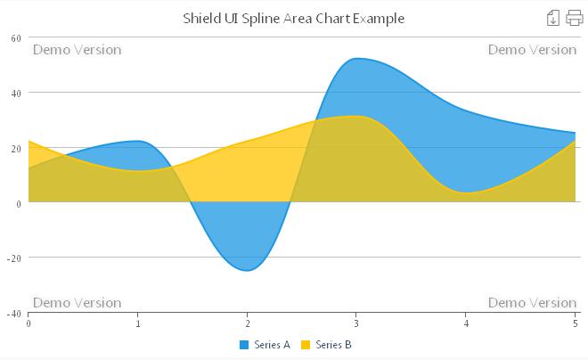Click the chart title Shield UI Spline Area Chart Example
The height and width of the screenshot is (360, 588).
point(293,18)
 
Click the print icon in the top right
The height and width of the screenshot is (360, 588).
point(574,18)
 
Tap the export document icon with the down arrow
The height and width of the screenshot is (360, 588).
point(553,18)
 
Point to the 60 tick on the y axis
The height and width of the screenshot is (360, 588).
point(16,37)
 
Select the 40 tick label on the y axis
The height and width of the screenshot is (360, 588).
point(16,93)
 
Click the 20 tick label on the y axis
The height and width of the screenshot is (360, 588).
point(16,148)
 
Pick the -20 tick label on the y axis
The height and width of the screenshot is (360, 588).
point(14,258)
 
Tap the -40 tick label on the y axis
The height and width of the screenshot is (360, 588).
point(14,314)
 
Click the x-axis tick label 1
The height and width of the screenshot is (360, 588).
point(138,323)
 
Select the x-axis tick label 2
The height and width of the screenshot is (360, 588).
point(248,323)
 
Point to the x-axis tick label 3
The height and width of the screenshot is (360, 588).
point(356,323)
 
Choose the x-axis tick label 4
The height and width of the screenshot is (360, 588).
point(466,323)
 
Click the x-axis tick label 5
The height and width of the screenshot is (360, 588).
point(575,323)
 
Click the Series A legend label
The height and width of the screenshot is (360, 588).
point(272,345)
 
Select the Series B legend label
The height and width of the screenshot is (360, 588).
point(334,345)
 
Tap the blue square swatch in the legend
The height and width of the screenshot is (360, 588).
point(244,345)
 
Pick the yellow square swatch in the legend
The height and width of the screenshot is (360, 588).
point(306,345)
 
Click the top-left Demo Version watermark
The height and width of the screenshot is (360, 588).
point(77,50)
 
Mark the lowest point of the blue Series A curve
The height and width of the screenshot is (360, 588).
point(248,270)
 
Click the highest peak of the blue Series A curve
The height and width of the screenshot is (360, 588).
point(356,59)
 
